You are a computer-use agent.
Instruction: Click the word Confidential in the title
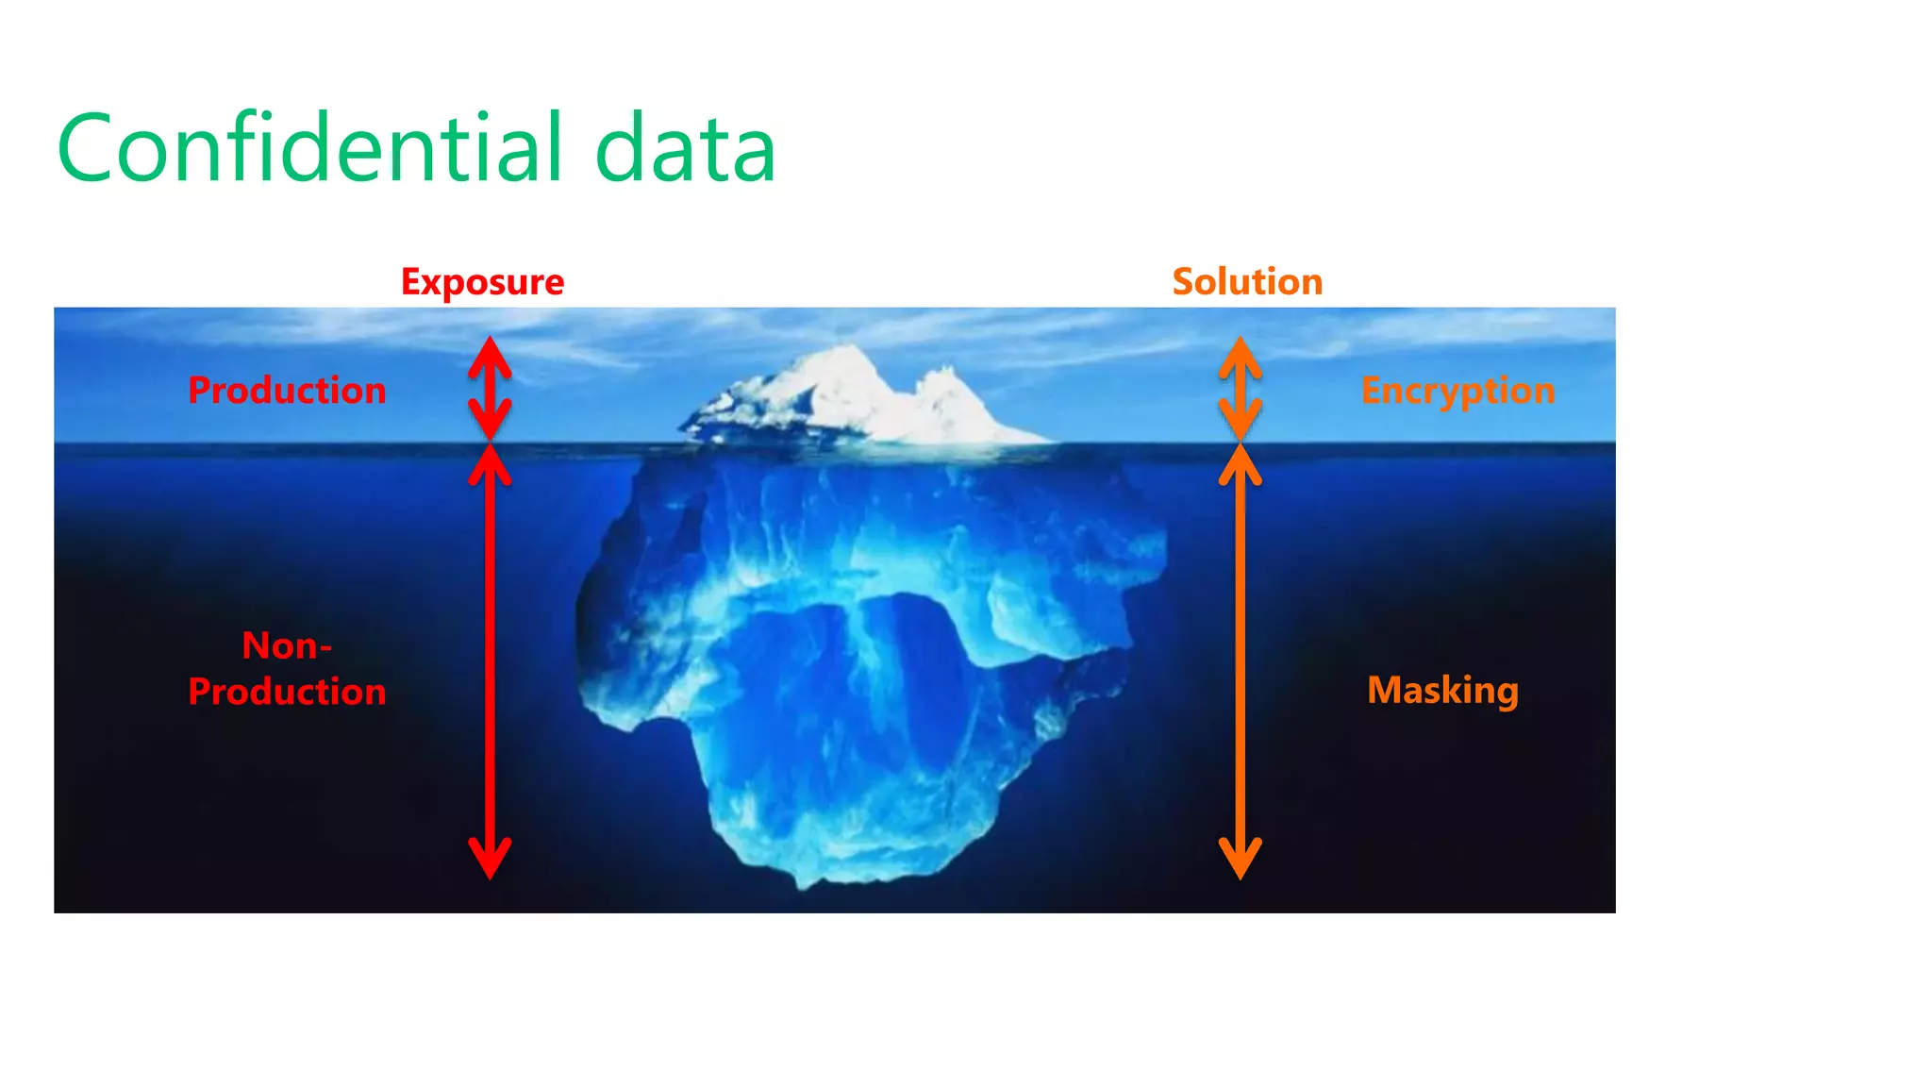tap(311, 148)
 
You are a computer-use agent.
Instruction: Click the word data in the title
tap(685, 148)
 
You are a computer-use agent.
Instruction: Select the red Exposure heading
tap(482, 282)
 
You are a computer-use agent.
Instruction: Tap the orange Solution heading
tap(1247, 282)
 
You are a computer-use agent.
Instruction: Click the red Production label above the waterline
tap(287, 391)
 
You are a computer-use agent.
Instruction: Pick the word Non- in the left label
tap(287, 646)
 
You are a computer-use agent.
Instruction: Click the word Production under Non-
tap(287, 692)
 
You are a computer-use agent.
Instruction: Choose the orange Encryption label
tap(1457, 391)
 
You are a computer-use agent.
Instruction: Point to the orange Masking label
tap(1442, 690)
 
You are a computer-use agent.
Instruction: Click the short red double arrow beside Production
tap(491, 389)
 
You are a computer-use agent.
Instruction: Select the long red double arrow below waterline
tap(491, 661)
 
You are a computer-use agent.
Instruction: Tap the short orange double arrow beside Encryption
tap(1241, 389)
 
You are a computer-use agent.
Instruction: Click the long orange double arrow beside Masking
tap(1241, 661)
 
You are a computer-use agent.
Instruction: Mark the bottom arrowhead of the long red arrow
tap(491, 859)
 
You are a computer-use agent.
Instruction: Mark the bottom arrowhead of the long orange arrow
tap(1241, 859)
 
